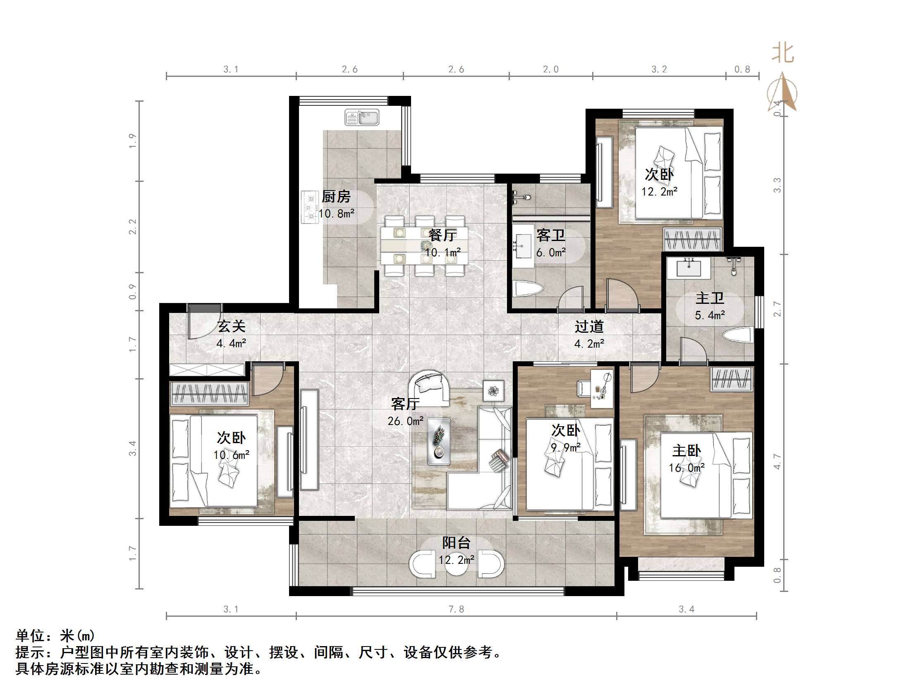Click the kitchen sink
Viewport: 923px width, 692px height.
[x=362, y=117]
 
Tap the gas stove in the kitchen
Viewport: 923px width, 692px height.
[x=310, y=207]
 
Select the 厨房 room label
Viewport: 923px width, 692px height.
[x=336, y=196]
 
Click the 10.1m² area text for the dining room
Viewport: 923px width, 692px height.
[x=443, y=252]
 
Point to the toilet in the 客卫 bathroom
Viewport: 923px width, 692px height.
[x=528, y=289]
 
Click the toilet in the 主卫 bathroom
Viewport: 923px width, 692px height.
[x=738, y=334]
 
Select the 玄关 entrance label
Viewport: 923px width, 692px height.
[x=232, y=326]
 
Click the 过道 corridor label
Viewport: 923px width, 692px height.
[x=589, y=326]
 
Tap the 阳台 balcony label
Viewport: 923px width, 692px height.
[x=457, y=543]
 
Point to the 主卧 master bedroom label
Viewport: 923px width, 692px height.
[x=687, y=451]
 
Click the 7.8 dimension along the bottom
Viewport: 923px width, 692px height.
[x=456, y=609]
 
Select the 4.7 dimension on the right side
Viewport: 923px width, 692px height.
[x=777, y=461]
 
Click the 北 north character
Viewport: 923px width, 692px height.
[x=782, y=53]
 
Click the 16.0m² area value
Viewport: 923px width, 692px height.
[x=687, y=468]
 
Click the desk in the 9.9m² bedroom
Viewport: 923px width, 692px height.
[x=602, y=388]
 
